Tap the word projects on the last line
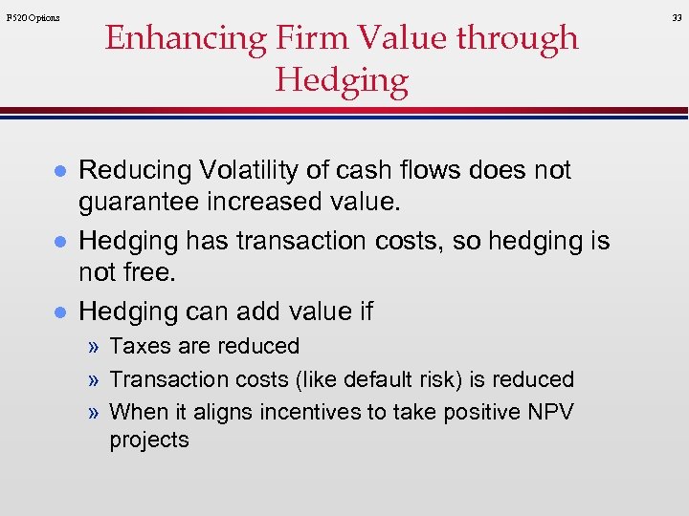pos(149,440)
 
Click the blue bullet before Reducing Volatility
pos(59,171)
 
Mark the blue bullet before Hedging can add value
pos(59,312)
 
